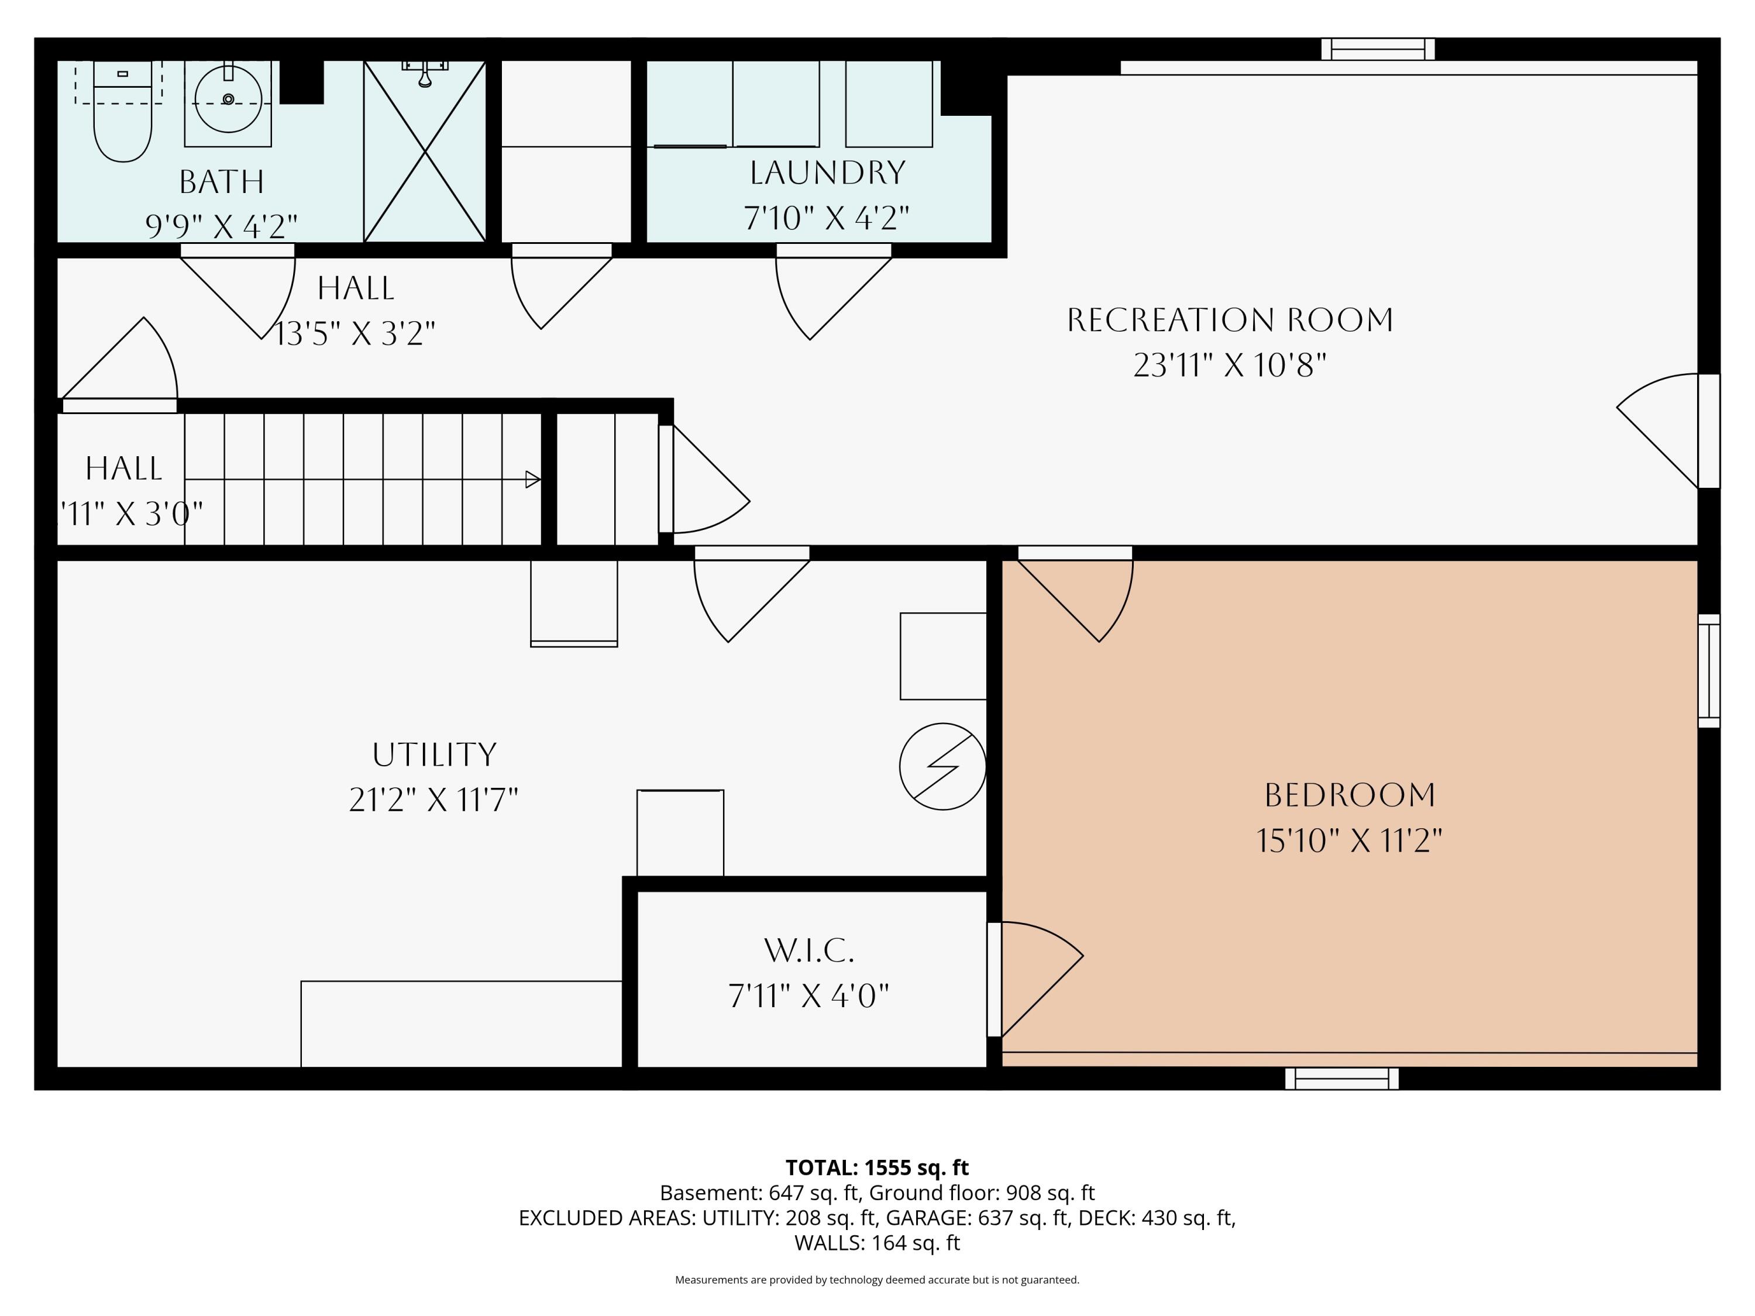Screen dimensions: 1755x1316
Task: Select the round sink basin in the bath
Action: coord(229,99)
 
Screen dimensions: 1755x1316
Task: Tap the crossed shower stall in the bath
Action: coord(425,151)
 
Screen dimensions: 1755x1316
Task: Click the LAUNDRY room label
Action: coord(828,173)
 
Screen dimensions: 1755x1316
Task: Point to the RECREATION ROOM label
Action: coord(1230,320)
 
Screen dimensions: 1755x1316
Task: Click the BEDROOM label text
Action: coord(1350,795)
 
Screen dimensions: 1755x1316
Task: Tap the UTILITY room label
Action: coord(434,755)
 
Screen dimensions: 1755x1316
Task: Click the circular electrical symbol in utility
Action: coord(942,766)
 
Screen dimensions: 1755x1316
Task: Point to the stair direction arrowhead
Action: coord(533,479)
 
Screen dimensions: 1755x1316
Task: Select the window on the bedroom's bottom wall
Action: coord(1341,1078)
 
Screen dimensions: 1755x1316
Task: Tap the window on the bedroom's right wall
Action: coord(1709,670)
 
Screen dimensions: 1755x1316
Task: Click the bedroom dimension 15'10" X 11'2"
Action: coord(1350,839)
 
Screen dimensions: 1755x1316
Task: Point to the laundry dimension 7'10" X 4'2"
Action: coord(827,218)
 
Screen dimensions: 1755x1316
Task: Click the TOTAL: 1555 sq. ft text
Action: coord(877,1167)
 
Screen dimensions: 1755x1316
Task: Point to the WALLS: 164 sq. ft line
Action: coord(877,1242)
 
